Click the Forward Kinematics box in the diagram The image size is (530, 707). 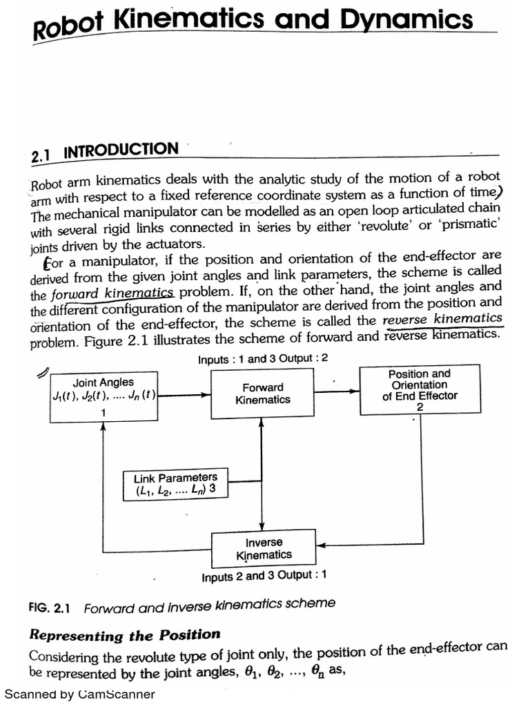(x=262, y=394)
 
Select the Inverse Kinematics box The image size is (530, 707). (x=264, y=549)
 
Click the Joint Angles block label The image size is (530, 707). (x=104, y=382)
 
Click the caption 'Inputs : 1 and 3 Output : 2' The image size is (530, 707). (x=263, y=359)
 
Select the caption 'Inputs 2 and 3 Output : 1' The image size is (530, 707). (x=264, y=576)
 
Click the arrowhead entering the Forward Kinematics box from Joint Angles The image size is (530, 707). (x=206, y=395)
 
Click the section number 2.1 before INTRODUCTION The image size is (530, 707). (x=43, y=156)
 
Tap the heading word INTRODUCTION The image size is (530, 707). (x=121, y=151)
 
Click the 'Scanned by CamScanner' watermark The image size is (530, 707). (x=80, y=695)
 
